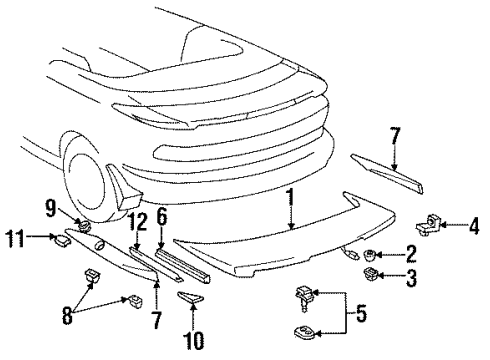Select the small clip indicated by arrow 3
point(371,273)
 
